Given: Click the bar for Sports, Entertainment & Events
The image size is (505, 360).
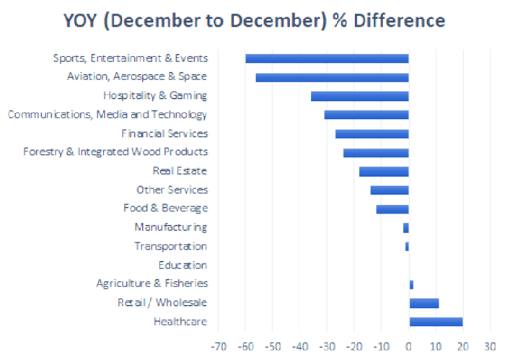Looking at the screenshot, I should (x=327, y=58).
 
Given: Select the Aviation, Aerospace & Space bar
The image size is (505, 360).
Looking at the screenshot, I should (x=332, y=77).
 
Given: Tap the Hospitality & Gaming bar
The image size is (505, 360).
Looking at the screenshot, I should (x=359, y=96).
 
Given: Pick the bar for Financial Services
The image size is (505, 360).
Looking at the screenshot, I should (x=372, y=133).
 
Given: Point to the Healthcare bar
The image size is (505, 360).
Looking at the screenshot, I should (x=436, y=322).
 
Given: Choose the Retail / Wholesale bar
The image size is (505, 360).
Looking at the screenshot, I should (x=423, y=303).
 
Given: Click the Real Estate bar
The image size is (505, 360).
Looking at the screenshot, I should (x=384, y=171).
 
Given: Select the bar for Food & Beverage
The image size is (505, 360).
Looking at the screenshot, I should (x=392, y=208).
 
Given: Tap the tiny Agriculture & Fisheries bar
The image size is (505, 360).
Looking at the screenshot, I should (x=411, y=284).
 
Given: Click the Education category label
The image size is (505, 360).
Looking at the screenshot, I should (x=183, y=265).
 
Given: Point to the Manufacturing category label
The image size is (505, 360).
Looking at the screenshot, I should (x=170, y=227).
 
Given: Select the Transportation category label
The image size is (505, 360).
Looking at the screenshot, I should (x=170, y=247).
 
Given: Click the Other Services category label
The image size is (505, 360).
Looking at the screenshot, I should (x=172, y=190).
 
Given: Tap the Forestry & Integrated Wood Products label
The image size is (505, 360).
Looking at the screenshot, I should (x=115, y=152).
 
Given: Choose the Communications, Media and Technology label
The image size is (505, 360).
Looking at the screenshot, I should (x=107, y=115).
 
